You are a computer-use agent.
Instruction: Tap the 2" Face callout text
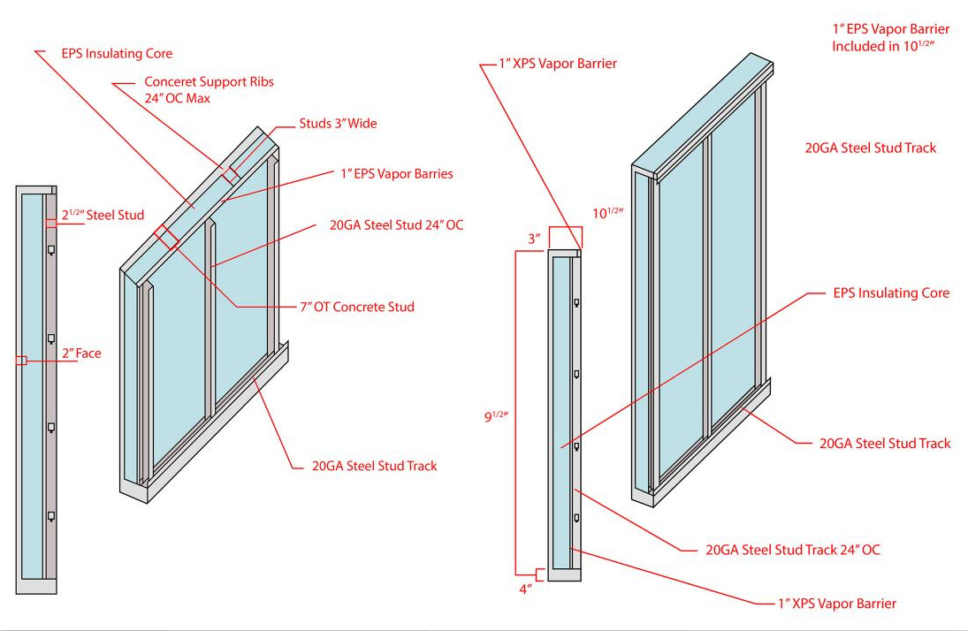point(80,354)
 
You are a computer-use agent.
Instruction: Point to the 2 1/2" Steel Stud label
point(103,215)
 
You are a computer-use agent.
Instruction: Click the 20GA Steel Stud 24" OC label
point(396,225)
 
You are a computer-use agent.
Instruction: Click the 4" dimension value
point(525,589)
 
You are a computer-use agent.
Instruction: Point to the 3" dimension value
point(533,238)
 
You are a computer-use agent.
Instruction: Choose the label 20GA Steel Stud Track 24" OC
point(793,550)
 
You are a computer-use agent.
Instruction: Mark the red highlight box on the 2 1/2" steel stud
point(52,224)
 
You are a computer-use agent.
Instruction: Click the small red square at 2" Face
point(23,361)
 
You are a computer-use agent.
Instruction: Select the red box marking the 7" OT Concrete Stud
point(165,235)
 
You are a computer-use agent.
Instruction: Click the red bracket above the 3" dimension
point(565,237)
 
